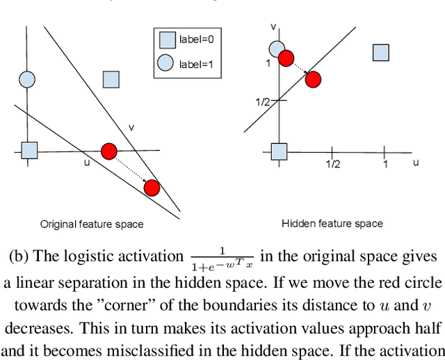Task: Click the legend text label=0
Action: (x=196, y=40)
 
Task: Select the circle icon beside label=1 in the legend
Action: (x=165, y=63)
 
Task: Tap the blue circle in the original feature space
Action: (x=27, y=81)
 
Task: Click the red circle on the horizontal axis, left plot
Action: (x=108, y=151)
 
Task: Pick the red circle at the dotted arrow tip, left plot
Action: (x=152, y=188)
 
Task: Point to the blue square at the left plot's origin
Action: (x=29, y=150)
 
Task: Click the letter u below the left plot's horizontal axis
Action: (x=87, y=162)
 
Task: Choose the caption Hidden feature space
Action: (x=332, y=223)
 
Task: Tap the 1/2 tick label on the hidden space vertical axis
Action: (x=262, y=101)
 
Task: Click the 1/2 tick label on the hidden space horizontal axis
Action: (x=333, y=163)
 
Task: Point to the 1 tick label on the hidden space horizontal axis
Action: (x=385, y=163)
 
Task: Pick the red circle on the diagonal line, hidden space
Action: (x=313, y=79)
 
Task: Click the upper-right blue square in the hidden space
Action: (x=380, y=52)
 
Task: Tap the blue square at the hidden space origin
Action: (x=279, y=151)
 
